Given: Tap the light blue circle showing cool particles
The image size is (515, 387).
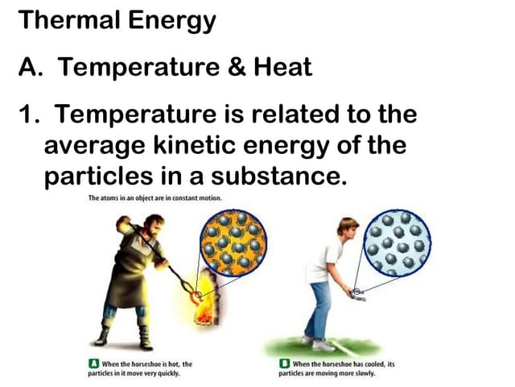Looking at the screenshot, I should [x=397, y=243].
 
